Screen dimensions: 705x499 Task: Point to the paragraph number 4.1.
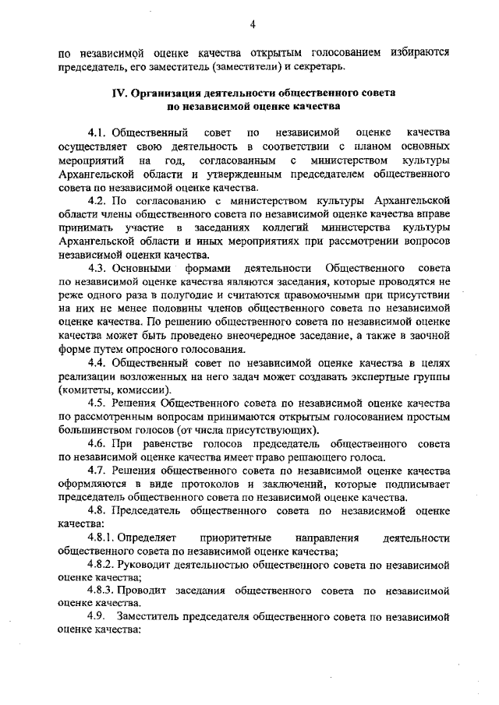(100, 133)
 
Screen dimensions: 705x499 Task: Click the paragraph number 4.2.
(100, 200)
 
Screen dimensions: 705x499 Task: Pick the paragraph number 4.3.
(100, 267)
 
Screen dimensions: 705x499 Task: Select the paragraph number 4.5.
(100, 402)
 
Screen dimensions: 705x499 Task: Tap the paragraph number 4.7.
(100, 470)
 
